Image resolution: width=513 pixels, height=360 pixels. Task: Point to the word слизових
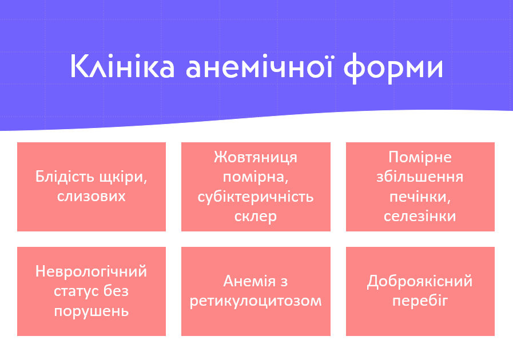[x=92, y=197]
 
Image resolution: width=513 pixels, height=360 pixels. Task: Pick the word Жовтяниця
[x=256, y=157]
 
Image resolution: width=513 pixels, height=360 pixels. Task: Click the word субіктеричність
[x=256, y=197]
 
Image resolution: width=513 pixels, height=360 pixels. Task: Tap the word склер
[x=256, y=217]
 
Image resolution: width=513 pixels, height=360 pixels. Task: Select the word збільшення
[x=420, y=177]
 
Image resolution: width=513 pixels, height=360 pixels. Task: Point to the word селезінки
[x=420, y=217]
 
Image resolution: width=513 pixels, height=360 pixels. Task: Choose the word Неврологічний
[x=92, y=271]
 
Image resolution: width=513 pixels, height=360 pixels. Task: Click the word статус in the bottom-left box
[x=77, y=291]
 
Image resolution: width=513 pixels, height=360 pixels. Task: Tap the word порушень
[x=92, y=311]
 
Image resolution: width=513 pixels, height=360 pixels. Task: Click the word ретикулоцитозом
[x=256, y=301]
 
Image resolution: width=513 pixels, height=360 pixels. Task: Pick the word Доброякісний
[x=420, y=281]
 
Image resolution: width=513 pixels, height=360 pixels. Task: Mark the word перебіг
[x=420, y=301]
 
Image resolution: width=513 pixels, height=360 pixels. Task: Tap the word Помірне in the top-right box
[x=420, y=157]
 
